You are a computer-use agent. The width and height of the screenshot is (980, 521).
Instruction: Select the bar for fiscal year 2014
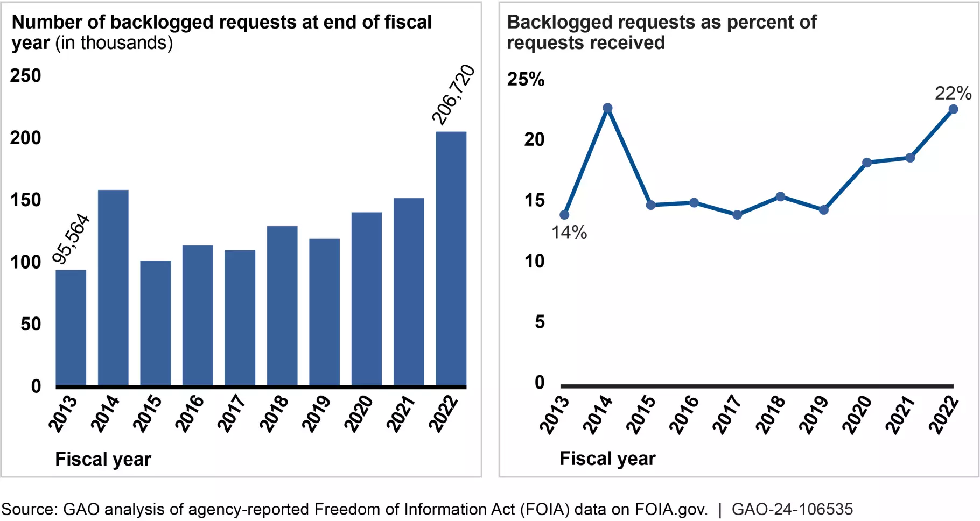[x=113, y=288]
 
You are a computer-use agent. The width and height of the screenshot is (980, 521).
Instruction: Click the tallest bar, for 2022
[x=451, y=258]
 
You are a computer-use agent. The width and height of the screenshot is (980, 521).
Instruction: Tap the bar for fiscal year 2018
[x=282, y=306]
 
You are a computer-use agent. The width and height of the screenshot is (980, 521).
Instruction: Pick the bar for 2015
[x=156, y=323]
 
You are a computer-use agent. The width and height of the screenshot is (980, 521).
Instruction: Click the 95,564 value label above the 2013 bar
[x=71, y=239]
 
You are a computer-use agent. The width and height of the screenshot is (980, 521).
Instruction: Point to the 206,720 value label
[x=453, y=95]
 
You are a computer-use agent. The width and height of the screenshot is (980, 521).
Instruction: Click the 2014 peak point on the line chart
[x=607, y=108]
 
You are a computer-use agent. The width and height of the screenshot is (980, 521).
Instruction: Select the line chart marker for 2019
[x=823, y=210]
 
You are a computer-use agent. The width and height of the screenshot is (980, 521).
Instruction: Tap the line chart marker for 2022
[x=953, y=109]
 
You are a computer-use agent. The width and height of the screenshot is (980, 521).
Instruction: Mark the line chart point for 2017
[x=737, y=215]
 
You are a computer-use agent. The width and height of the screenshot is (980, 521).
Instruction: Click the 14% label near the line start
[x=569, y=233]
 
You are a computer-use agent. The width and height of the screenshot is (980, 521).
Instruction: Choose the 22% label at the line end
[x=953, y=93]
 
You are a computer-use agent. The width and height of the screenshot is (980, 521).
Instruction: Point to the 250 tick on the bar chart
[x=25, y=76]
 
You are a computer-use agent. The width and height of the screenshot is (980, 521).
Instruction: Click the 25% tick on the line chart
[x=526, y=80]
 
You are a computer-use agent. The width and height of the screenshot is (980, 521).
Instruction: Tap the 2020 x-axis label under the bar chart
[x=359, y=413]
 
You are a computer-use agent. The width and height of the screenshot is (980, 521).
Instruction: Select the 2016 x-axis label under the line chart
[x=684, y=414]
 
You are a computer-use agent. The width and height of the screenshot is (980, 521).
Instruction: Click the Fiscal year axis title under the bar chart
[x=103, y=459]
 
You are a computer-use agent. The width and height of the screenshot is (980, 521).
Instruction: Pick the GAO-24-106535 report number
[x=792, y=509]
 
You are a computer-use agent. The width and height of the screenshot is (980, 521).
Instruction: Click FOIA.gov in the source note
[x=671, y=509]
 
